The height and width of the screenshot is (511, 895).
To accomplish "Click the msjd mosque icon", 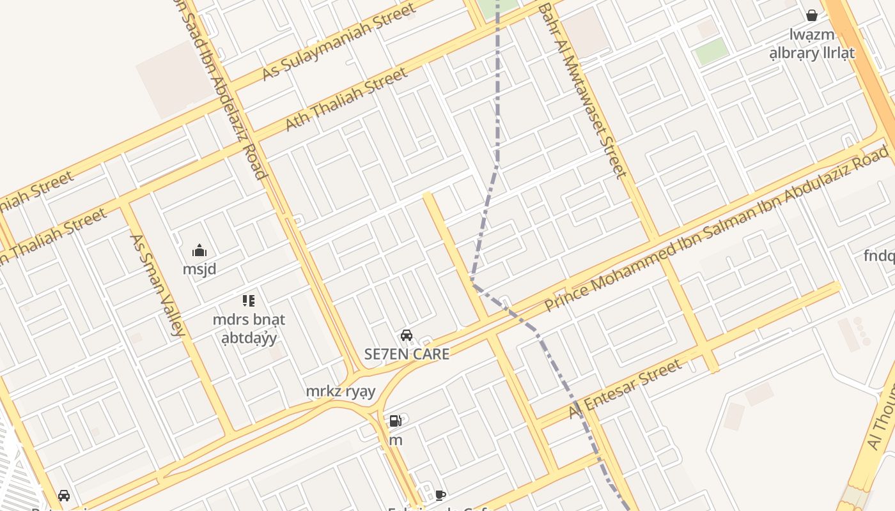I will [x=199, y=250].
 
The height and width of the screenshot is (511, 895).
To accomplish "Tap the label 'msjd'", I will [x=199, y=269].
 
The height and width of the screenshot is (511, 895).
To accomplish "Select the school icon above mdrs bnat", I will [x=249, y=300].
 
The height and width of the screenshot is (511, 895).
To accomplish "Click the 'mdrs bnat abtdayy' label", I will [x=249, y=328].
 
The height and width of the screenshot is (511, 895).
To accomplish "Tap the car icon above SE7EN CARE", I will [x=406, y=335].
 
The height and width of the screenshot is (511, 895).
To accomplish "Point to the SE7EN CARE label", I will [x=407, y=354].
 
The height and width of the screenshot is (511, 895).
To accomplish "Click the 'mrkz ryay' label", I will [x=340, y=391].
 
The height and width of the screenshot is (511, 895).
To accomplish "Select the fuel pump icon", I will [x=396, y=421].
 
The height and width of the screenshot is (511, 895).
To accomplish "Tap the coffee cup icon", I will [x=440, y=495].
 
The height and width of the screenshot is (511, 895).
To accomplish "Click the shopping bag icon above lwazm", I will [x=812, y=15].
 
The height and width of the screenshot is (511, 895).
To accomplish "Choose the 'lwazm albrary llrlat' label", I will [x=812, y=44].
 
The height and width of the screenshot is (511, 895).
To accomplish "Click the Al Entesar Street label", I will [x=626, y=390].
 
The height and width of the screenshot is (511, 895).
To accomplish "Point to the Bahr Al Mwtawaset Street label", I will [x=582, y=90].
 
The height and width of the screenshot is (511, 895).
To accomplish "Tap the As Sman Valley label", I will [x=157, y=285].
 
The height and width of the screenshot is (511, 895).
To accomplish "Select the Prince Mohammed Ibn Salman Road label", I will [x=716, y=228].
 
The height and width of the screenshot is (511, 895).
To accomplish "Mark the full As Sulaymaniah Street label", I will [x=339, y=42].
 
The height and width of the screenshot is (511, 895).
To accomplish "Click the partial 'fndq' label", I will [x=879, y=256].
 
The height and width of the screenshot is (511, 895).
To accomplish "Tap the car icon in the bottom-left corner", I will [x=64, y=496].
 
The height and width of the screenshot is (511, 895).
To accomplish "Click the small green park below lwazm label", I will [x=712, y=51].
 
